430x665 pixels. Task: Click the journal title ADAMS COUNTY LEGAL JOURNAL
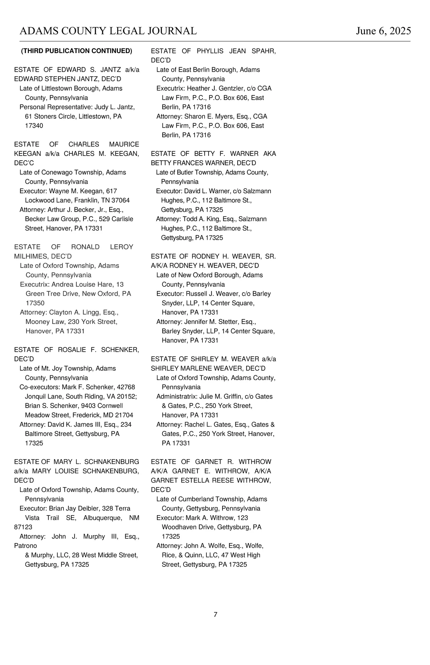point(108,31)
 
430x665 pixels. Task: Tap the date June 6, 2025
point(383,31)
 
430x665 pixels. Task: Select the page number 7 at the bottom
point(215,614)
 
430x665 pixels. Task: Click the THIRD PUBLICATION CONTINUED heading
point(77,51)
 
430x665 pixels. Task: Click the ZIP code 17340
point(34,126)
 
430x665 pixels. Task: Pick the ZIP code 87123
point(23,527)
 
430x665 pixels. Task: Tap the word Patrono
point(25,546)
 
